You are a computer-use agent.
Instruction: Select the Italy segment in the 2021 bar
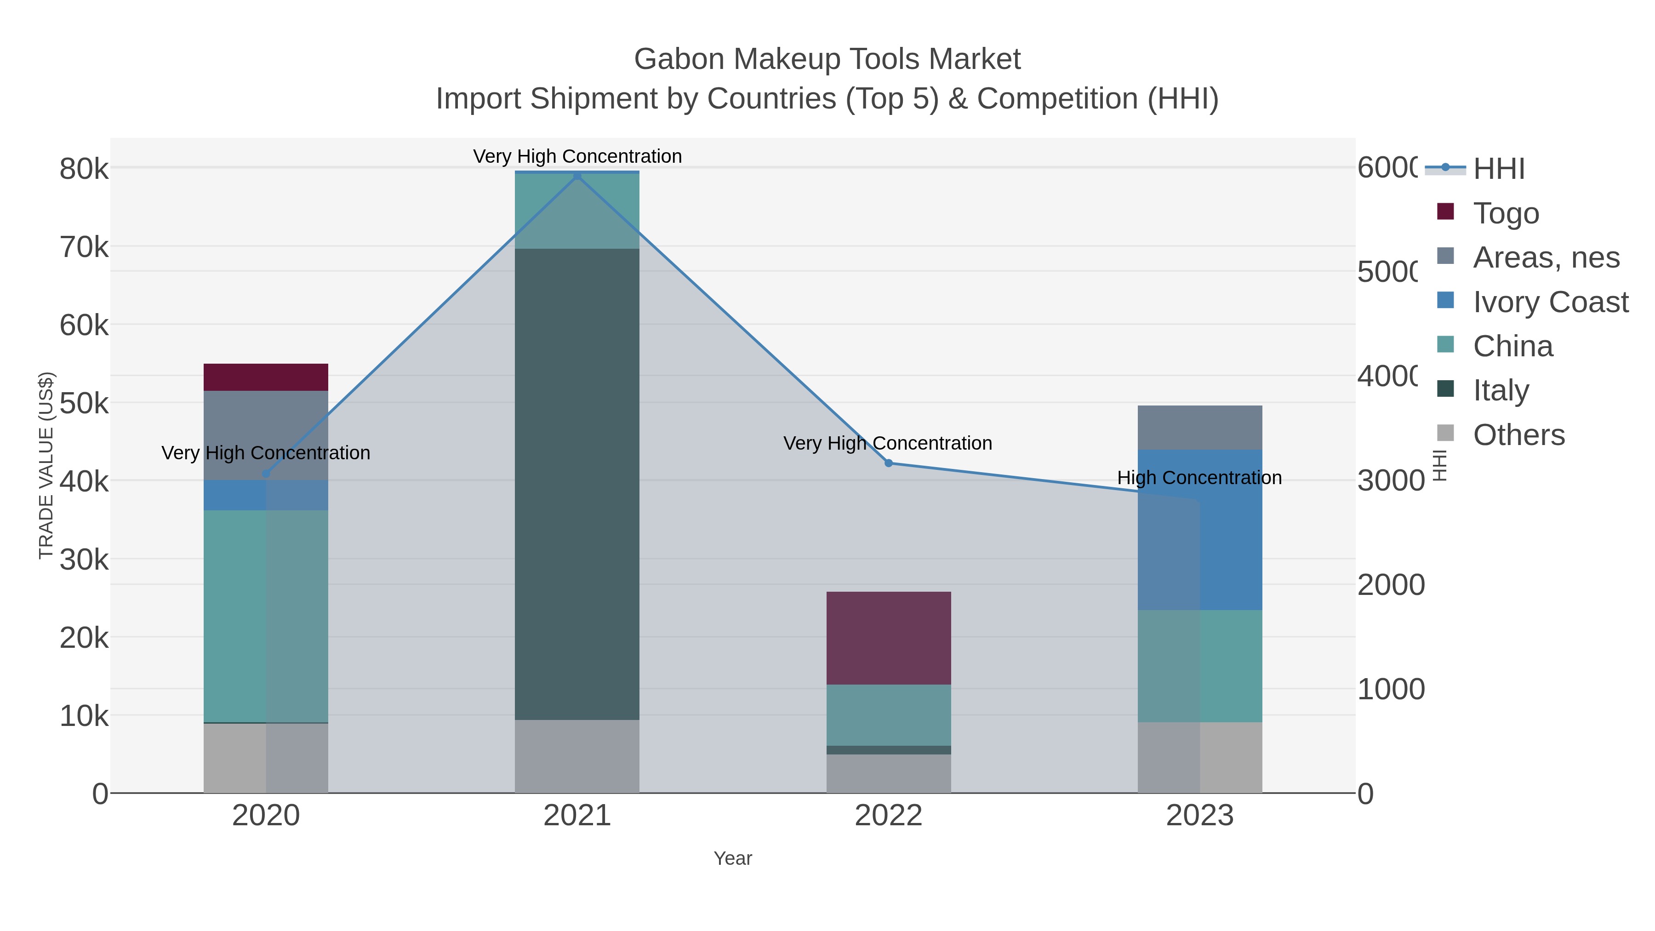point(577,483)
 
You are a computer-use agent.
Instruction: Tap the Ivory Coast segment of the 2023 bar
point(1199,530)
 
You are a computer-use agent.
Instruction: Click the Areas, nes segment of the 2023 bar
point(1199,427)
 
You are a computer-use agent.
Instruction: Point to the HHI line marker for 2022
point(889,463)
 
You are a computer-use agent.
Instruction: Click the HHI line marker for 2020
point(266,474)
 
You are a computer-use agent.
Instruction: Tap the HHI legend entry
point(1498,168)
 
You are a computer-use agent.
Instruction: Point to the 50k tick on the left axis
point(84,404)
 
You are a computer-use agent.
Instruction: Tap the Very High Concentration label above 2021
point(577,156)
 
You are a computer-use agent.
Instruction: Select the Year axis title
point(732,858)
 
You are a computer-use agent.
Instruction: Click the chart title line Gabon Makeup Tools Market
point(827,59)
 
